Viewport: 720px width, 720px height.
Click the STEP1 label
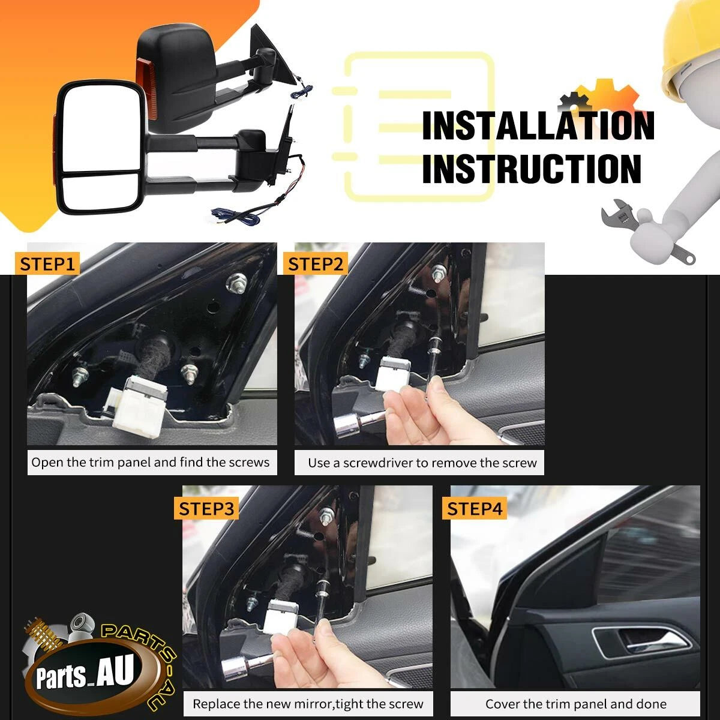pyautogui.click(x=47, y=264)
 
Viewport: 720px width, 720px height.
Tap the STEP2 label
pyautogui.click(x=316, y=264)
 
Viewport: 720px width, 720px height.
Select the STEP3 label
pyautogui.click(x=206, y=509)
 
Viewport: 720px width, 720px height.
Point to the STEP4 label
pyautogui.click(x=475, y=509)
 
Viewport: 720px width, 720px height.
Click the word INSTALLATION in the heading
pyautogui.click(x=538, y=126)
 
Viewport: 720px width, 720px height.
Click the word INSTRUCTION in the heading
pyautogui.click(x=532, y=169)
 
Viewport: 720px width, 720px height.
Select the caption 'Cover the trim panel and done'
pyautogui.click(x=576, y=704)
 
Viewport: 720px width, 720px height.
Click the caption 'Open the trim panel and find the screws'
pyautogui.click(x=150, y=462)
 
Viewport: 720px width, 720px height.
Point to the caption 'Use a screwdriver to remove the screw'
pyautogui.click(x=422, y=463)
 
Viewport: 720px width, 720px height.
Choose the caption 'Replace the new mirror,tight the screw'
pyautogui.click(x=308, y=704)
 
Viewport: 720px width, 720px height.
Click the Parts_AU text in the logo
pyautogui.click(x=85, y=671)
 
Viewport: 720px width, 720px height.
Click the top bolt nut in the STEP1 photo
pyautogui.click(x=236, y=283)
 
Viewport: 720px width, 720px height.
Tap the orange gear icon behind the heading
pyautogui.click(x=605, y=97)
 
